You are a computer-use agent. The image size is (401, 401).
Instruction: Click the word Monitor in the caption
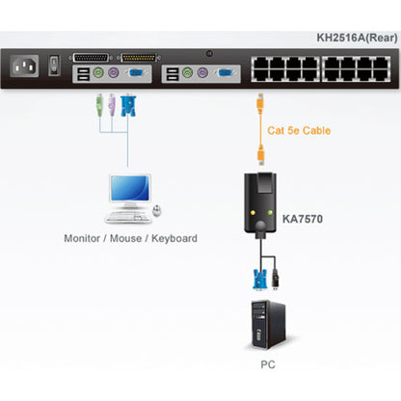(85, 238)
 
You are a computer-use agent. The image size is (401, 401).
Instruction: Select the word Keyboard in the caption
(173, 238)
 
